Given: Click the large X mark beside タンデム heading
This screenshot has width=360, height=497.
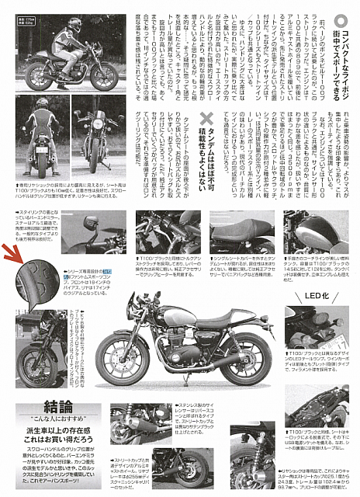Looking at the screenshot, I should pos(207,118).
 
